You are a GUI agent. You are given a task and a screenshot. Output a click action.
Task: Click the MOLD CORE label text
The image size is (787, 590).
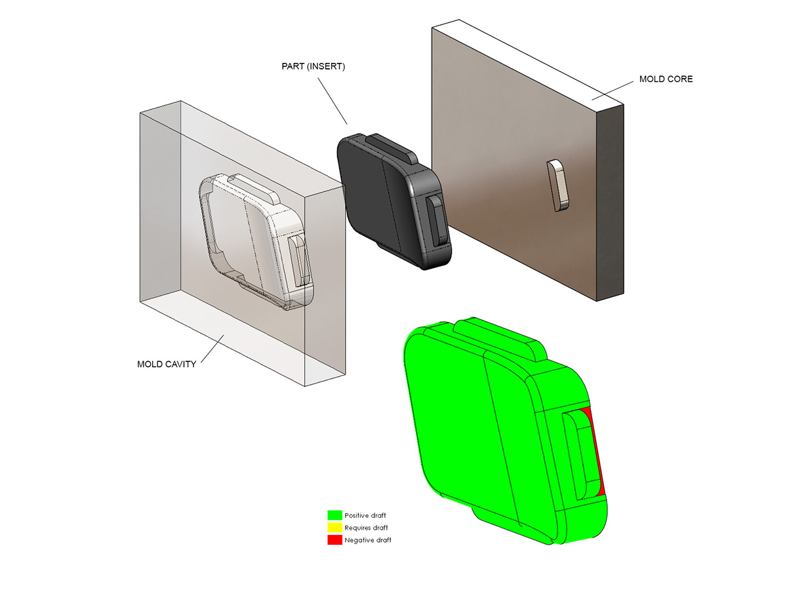point(666,79)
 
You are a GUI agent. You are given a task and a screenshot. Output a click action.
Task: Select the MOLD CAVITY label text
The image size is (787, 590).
point(167,364)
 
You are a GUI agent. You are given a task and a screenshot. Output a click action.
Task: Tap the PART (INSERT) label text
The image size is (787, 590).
point(313,67)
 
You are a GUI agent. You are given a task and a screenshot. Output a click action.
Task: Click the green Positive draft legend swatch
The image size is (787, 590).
point(334,515)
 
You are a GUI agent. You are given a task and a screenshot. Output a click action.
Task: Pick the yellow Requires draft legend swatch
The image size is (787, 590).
point(334,527)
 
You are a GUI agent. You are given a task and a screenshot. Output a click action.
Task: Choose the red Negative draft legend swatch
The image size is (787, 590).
point(334,540)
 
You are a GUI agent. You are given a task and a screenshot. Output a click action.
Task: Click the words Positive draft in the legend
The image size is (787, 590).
point(365,515)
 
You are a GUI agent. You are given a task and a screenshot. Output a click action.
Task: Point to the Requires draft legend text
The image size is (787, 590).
point(366,528)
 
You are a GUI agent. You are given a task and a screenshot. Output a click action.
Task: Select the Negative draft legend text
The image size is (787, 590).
point(368,540)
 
